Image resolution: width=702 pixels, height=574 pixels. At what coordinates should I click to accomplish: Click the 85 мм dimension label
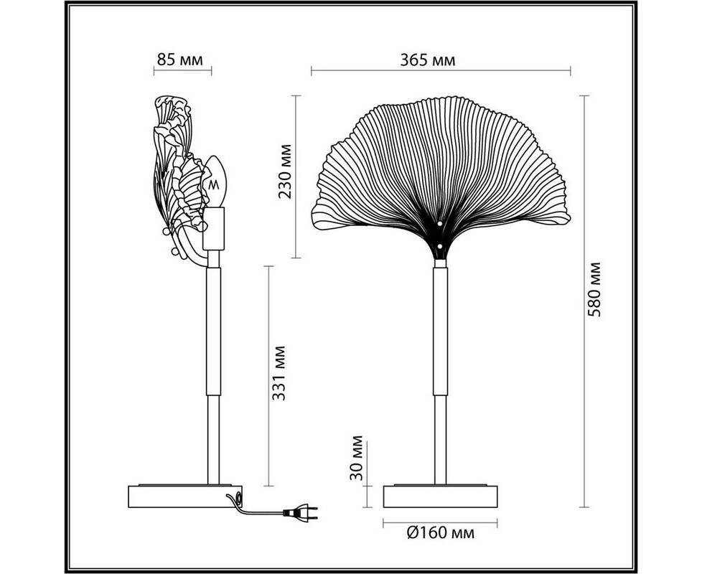point(179,60)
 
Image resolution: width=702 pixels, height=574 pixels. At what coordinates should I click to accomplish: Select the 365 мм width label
point(428,60)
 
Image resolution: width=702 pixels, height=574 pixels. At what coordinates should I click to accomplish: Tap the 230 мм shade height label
point(285,171)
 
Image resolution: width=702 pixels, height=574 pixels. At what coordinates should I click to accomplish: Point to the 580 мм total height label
point(594,289)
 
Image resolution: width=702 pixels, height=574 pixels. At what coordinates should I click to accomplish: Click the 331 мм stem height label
point(279,373)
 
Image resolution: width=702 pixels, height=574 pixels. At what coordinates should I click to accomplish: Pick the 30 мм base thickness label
point(356,458)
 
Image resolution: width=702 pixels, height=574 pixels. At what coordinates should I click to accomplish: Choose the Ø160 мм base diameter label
point(441,533)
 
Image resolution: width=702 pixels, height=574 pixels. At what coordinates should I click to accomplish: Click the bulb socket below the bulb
point(214,229)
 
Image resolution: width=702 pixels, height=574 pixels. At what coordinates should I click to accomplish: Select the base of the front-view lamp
point(441,497)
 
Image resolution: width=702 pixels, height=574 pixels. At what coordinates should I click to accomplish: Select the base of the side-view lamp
point(185,497)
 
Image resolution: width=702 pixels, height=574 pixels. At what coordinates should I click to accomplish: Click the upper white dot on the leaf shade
point(439,224)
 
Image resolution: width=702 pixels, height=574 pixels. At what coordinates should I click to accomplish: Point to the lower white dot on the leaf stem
point(439,246)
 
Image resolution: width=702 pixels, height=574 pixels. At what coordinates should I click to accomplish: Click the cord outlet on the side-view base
point(238,497)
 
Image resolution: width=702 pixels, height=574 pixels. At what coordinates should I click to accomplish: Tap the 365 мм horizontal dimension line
point(441,70)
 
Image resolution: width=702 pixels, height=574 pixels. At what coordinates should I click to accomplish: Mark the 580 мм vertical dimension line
point(584,301)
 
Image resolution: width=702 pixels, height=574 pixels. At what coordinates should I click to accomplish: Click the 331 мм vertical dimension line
point(268,376)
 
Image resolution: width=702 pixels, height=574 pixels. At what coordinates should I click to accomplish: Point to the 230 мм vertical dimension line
point(296,177)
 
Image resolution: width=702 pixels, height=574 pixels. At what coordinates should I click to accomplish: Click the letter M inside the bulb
point(215,184)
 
